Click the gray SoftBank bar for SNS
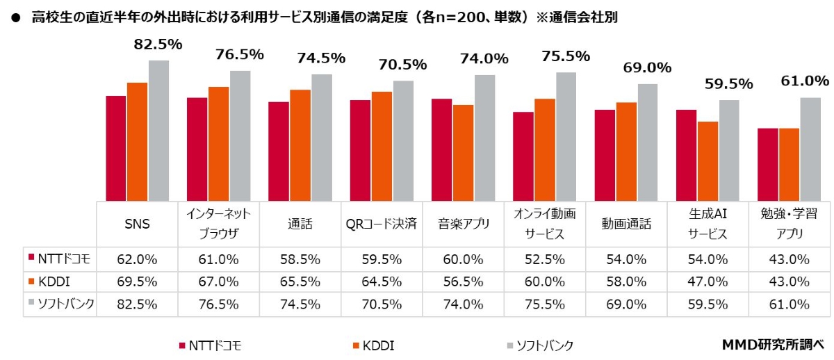(158, 131)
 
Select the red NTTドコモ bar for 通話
(279, 152)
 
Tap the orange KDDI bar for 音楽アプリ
(463, 153)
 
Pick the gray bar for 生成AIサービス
(729, 150)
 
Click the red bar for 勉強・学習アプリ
(767, 165)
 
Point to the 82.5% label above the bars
(158, 44)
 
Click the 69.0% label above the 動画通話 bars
(648, 68)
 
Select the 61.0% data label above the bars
(806, 81)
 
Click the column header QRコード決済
(382, 224)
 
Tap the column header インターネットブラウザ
(218, 224)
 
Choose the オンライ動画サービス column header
(545, 224)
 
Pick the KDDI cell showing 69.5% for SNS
(137, 281)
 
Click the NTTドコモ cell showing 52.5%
(545, 259)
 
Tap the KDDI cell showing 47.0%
(708, 281)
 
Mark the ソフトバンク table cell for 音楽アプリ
(463, 304)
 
